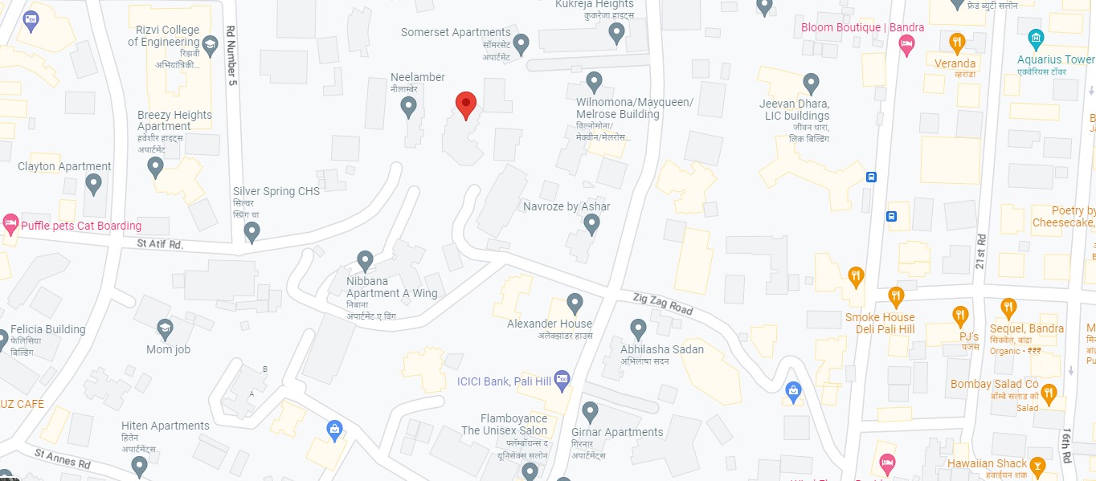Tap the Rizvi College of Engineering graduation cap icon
click(x=211, y=43)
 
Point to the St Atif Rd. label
click(x=160, y=243)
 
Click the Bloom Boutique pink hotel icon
click(x=906, y=46)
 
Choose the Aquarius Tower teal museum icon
click(x=1036, y=38)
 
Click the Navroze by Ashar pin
click(x=592, y=224)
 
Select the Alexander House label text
click(x=550, y=324)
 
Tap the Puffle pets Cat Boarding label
click(x=81, y=226)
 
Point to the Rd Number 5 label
click(x=232, y=54)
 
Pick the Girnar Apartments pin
click(x=591, y=412)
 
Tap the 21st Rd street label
click(x=980, y=251)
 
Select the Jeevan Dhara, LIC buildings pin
click(x=812, y=83)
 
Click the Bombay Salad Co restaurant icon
click(x=1048, y=393)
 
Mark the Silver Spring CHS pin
click(x=252, y=232)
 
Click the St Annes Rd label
click(x=63, y=459)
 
